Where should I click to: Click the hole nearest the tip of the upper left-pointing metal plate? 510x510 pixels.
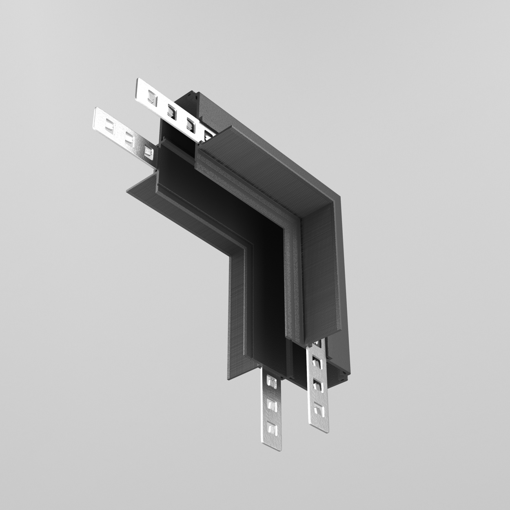point(152,98)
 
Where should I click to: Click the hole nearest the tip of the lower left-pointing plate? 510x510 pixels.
point(110,126)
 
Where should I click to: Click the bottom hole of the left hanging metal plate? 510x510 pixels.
point(270,428)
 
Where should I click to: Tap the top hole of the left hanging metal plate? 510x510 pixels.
point(269,381)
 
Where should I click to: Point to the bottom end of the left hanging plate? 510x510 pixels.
point(271,448)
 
